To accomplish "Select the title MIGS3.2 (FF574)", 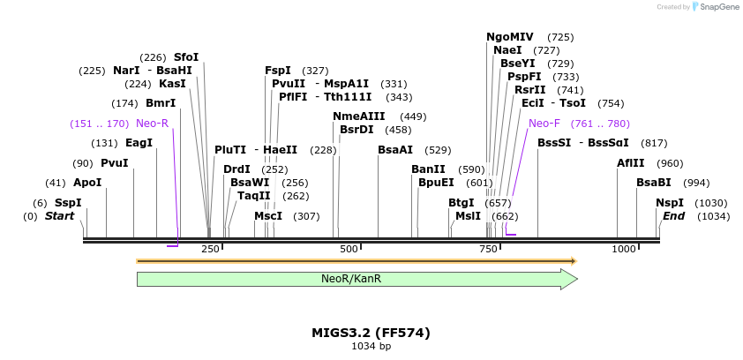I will coord(371,333).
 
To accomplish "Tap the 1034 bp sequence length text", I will coord(371,347).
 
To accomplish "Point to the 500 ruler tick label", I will coord(349,250).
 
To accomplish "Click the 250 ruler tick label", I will coord(210,250).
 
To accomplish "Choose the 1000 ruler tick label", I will coord(624,250).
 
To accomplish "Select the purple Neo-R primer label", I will coord(152,124).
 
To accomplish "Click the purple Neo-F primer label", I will coord(544,124).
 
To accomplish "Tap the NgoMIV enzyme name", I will coord(510,37).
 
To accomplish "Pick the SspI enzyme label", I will coord(68,203).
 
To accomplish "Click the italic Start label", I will coord(59,216).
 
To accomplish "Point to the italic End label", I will coord(673,216).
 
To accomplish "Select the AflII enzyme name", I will coord(631,163).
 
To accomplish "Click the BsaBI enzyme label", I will coord(654,183).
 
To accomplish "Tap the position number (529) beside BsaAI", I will coord(438,150).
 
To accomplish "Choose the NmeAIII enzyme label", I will coord(359,116).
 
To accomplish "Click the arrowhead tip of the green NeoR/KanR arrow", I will coord(576,279).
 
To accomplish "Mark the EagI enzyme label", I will coord(139,143).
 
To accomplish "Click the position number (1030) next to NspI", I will coord(711,203).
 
